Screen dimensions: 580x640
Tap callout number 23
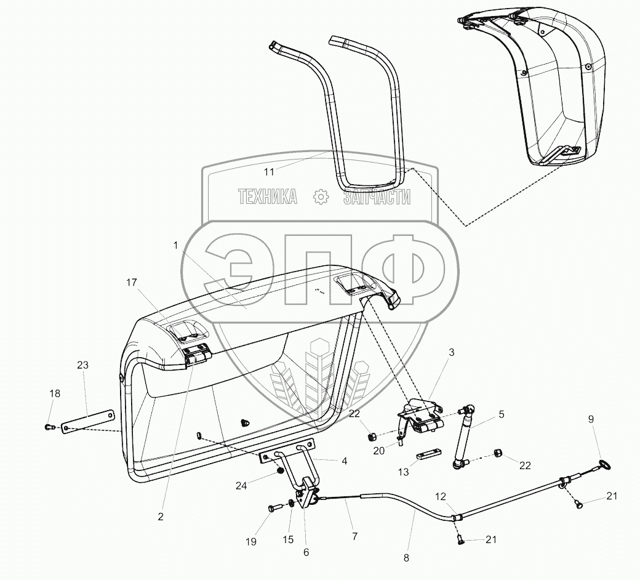82,365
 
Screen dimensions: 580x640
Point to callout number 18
55,393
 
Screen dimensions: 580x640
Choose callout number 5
502,414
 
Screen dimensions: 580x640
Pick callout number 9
591,419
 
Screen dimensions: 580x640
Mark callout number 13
404,472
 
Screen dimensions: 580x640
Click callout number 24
241,486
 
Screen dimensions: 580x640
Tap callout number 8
406,558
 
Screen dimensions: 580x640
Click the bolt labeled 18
50,426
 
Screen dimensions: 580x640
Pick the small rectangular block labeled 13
429,455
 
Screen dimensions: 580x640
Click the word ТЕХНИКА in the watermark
268,196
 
